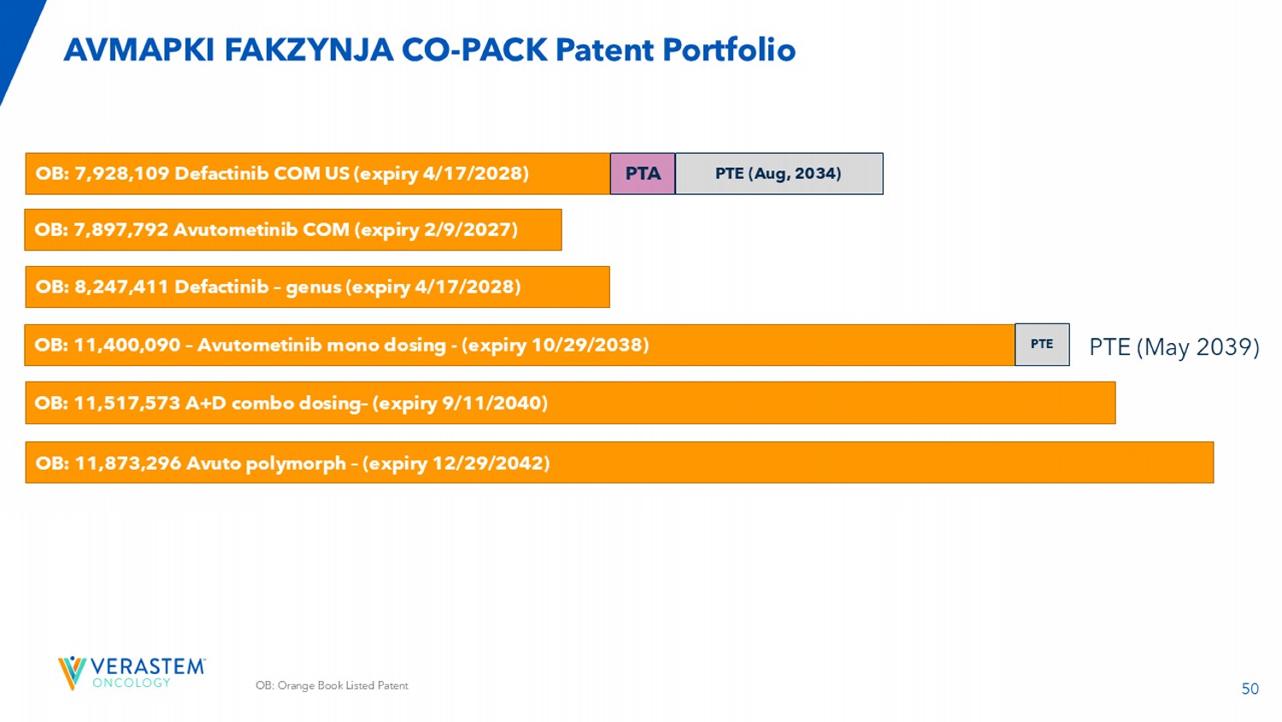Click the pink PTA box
point(643,174)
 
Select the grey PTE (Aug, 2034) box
point(779,174)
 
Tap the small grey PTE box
point(1042,345)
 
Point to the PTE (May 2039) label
point(1173,346)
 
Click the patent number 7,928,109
point(121,174)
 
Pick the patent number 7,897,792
point(121,230)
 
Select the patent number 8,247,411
point(121,287)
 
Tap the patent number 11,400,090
point(126,346)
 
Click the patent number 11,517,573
point(126,403)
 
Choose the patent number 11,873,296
point(128,464)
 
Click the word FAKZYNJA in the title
point(309,50)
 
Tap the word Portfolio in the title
point(729,50)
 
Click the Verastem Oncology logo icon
point(72,672)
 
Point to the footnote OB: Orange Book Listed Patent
point(332,685)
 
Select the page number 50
point(1250,689)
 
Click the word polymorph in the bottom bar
point(296,464)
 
